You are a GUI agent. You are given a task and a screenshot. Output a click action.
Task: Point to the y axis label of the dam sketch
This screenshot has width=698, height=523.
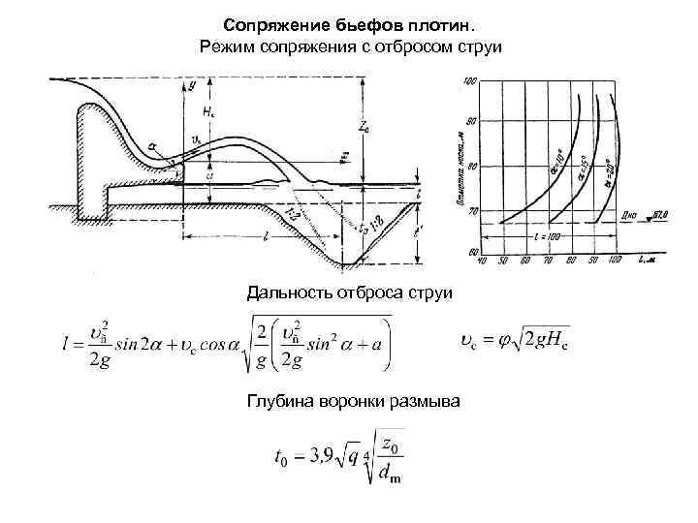(191, 85)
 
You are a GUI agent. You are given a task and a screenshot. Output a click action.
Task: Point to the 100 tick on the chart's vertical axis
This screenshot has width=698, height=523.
(472, 82)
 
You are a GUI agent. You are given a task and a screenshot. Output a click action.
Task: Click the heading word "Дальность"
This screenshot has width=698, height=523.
(288, 291)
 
